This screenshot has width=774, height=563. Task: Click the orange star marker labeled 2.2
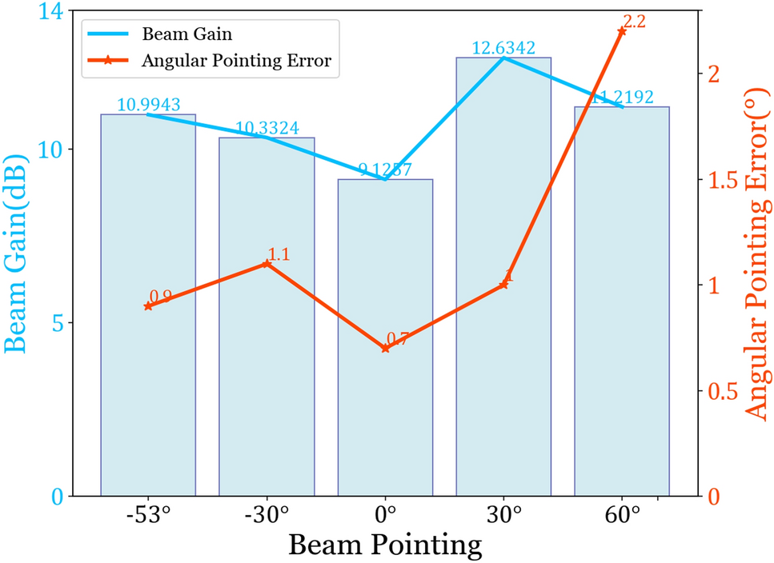(621, 30)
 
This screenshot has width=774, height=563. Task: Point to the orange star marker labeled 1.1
(267, 264)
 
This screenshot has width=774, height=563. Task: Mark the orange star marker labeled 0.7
(385, 348)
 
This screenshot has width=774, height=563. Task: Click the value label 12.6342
(503, 49)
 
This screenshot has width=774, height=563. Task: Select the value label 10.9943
(148, 105)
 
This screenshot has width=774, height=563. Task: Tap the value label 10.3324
(267, 128)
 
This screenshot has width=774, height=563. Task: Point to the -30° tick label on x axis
(267, 514)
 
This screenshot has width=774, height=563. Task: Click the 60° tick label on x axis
(622, 514)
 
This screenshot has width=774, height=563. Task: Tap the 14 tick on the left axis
(54, 12)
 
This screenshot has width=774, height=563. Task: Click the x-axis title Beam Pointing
(385, 545)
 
